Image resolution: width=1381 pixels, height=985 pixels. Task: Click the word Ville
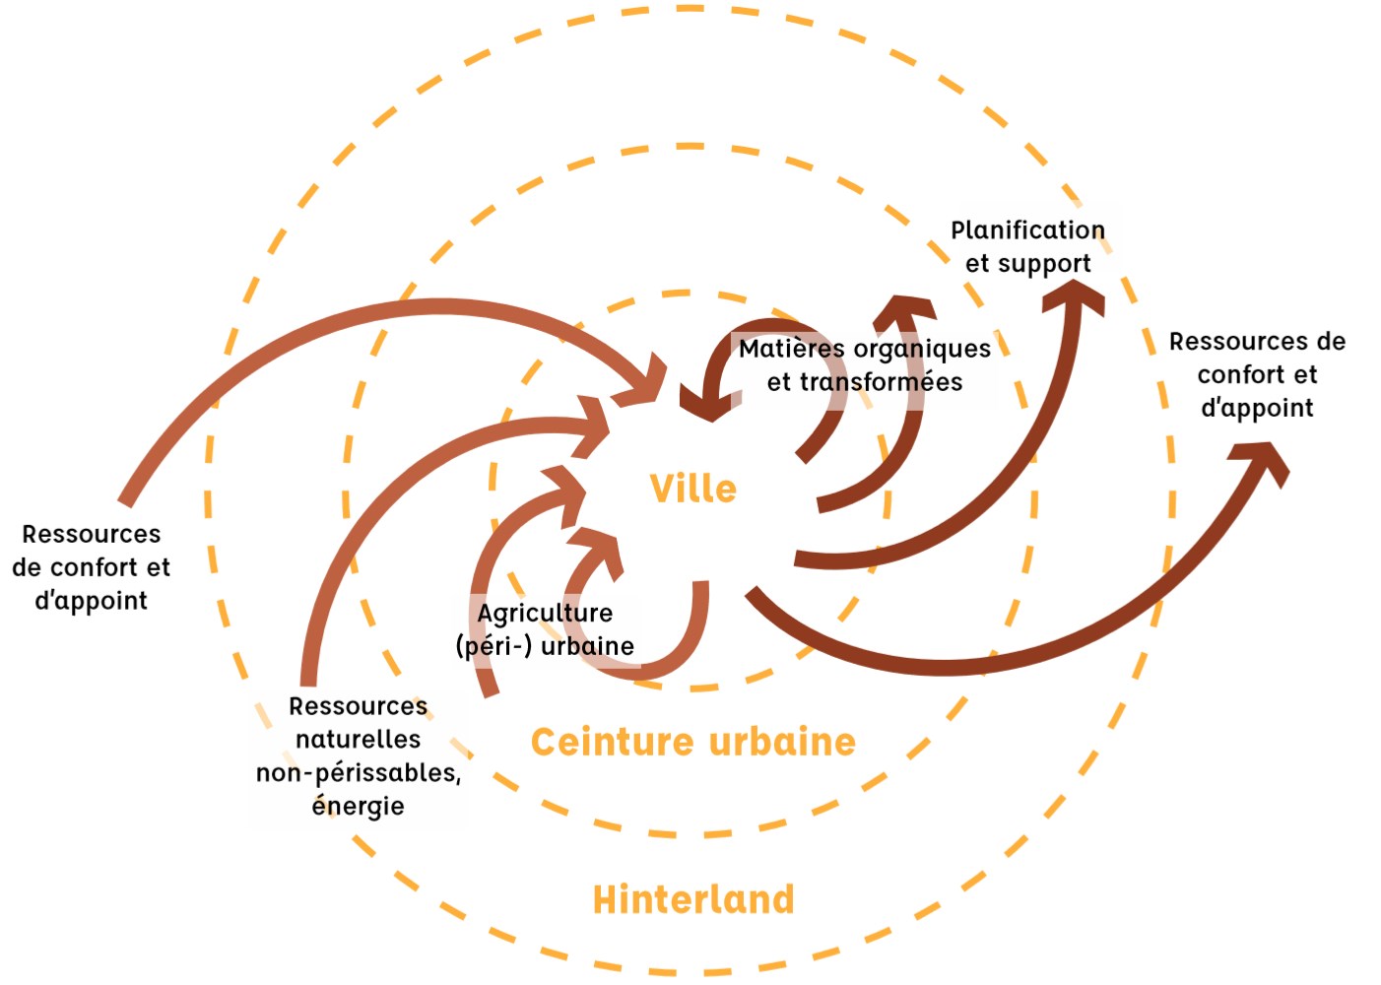692,489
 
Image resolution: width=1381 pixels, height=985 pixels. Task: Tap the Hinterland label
692,899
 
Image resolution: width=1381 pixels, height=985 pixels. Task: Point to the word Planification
1027,230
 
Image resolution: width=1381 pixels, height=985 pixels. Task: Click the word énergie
358,806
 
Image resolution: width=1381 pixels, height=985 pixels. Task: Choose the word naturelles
358,740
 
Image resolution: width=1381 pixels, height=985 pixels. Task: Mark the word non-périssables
358,773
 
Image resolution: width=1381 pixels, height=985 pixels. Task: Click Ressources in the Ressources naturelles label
358,706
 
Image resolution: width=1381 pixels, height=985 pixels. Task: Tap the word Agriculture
545,613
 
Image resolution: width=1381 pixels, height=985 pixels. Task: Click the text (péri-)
493,646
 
